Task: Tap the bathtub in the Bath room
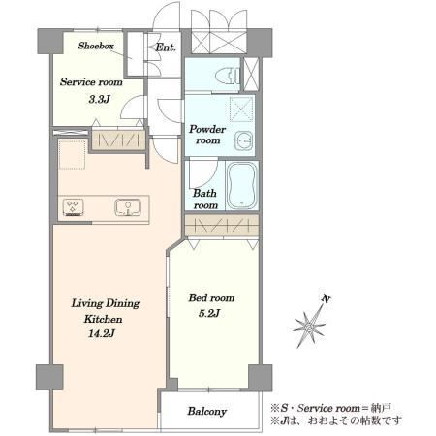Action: (x=242, y=186)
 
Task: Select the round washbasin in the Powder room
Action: (x=244, y=140)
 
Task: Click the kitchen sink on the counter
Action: (x=128, y=207)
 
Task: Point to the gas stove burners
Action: (x=74, y=207)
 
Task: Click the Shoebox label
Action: (x=96, y=46)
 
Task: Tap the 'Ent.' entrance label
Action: (x=166, y=47)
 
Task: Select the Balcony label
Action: (x=207, y=411)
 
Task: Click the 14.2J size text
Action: (x=101, y=333)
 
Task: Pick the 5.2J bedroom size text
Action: (x=209, y=313)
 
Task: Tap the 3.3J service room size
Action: (x=99, y=99)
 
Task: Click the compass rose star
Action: (x=309, y=327)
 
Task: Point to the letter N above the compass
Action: (x=327, y=299)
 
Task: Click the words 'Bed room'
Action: (x=211, y=297)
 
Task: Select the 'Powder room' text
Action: (x=207, y=135)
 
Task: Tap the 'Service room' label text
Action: (x=91, y=81)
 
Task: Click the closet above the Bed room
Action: (x=222, y=226)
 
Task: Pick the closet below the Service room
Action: (x=118, y=140)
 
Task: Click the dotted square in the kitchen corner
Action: (x=73, y=154)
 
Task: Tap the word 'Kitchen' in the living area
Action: (x=103, y=319)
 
